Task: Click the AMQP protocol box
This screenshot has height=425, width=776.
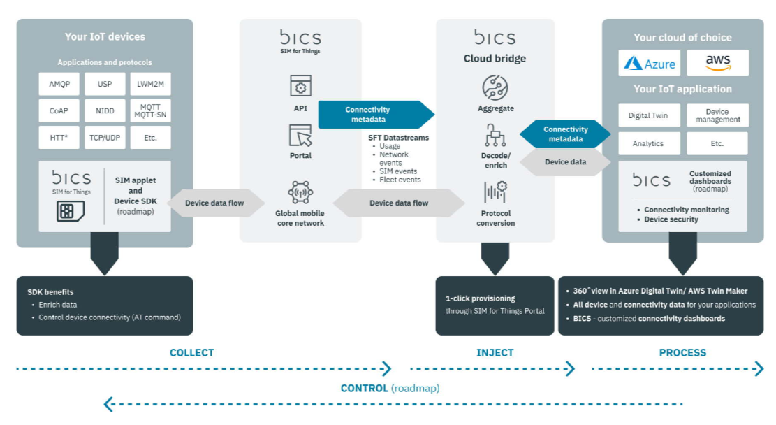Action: point(59,84)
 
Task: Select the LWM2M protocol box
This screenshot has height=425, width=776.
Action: point(150,84)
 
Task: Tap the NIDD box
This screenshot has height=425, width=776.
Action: point(105,110)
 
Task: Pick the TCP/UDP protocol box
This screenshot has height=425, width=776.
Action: point(105,138)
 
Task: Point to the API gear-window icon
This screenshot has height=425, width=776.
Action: point(300,86)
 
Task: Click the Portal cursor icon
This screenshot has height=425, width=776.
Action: point(300,134)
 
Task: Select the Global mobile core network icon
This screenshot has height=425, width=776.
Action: point(300,192)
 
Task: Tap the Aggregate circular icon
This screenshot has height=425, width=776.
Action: point(495,87)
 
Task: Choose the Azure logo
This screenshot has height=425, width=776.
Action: point(650,64)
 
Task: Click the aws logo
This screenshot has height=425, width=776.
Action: point(717,63)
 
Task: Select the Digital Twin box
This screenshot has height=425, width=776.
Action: point(648,115)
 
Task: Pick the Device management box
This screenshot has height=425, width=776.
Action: point(717,115)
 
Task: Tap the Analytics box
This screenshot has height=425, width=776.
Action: point(648,143)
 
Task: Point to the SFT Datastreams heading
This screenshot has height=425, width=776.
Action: point(398,138)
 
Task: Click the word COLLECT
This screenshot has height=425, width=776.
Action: point(191,353)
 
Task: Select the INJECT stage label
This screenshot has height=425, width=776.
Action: point(495,353)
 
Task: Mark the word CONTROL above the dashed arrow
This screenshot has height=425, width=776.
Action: point(364,388)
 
